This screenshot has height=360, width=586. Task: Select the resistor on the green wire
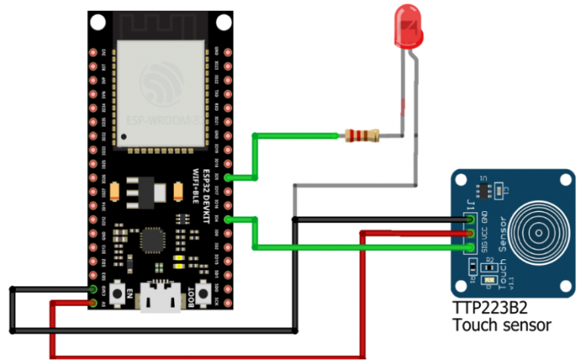point(362,137)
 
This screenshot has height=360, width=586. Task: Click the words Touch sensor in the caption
point(501,326)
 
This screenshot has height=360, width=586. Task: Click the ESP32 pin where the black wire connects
point(93,289)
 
